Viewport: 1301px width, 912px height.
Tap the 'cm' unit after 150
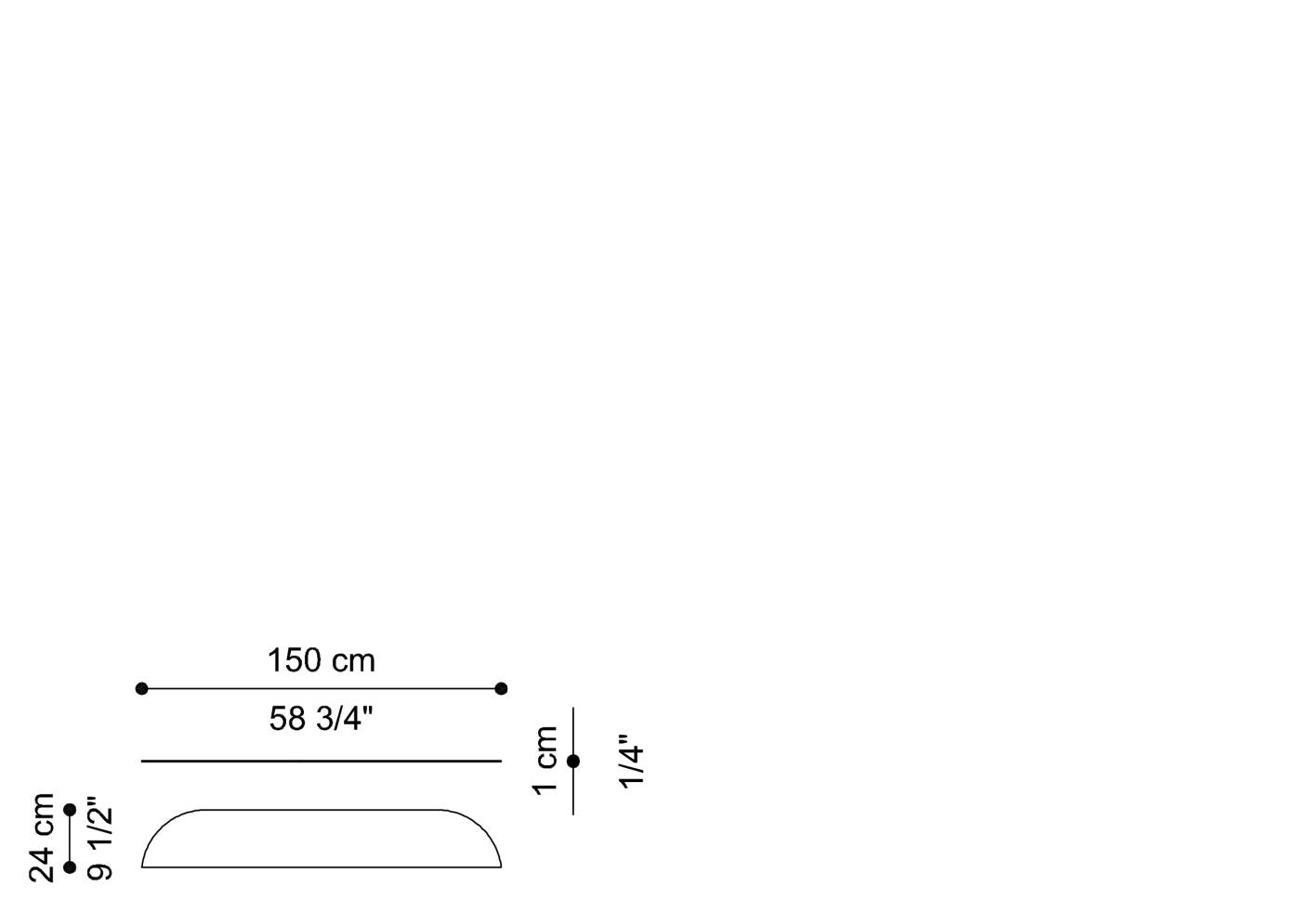(x=354, y=661)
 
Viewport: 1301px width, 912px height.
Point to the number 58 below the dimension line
(x=287, y=719)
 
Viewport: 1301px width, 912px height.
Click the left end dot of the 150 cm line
(x=141, y=688)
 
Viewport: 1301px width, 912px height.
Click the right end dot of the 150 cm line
(x=501, y=688)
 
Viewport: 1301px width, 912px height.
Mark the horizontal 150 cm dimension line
(x=321, y=688)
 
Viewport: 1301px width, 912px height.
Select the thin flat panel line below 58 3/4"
(x=321, y=761)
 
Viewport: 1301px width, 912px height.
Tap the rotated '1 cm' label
(x=545, y=760)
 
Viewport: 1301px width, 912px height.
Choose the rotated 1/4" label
(x=631, y=762)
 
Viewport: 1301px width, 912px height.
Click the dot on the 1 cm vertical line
(x=573, y=761)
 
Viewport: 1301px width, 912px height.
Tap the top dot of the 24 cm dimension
(x=70, y=810)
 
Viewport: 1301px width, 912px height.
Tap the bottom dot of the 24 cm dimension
(x=70, y=867)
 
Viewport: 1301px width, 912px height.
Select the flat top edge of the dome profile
(x=321, y=810)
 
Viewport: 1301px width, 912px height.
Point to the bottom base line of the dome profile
(x=321, y=867)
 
